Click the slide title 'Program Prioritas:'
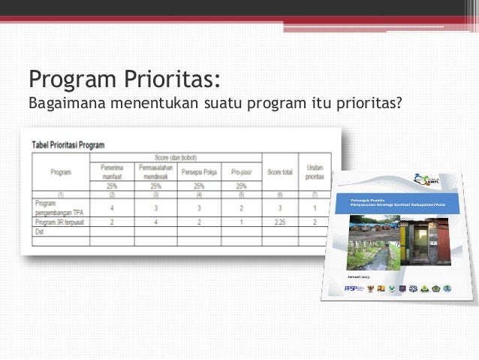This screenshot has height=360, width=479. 124,78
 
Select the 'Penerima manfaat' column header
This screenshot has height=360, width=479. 111,171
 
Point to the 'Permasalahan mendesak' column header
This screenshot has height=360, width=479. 155,171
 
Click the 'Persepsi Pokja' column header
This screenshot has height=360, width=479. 199,171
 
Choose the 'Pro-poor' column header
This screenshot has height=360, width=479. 240,172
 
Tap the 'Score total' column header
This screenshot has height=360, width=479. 279,172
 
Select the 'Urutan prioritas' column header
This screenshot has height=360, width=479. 315,172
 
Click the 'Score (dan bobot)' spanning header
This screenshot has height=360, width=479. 176,157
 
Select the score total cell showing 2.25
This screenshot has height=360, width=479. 279,222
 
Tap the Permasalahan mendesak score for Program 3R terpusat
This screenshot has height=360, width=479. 155,222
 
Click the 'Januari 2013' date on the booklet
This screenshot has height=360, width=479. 359,278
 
